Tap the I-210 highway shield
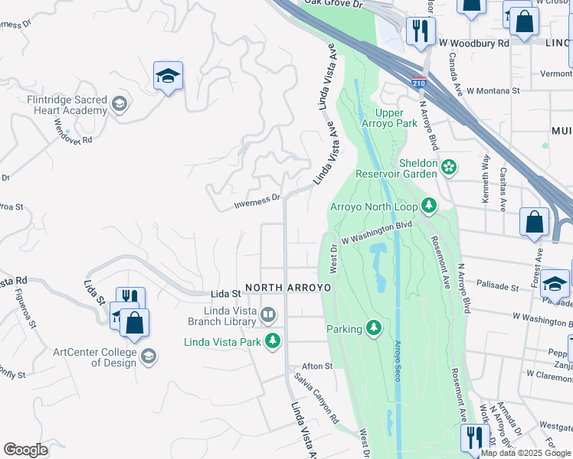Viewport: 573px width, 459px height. (x=418, y=83)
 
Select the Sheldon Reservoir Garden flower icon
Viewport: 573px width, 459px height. (x=449, y=165)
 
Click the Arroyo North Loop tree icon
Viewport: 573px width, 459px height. (x=429, y=206)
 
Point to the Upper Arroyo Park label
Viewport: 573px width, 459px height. (x=388, y=118)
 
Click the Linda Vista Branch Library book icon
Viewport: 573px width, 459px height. (x=268, y=314)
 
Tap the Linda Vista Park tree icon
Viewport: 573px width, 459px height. (x=272, y=340)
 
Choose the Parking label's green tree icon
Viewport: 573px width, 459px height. (x=373, y=328)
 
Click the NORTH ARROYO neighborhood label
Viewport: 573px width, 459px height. (x=288, y=288)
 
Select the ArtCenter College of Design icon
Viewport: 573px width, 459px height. (x=149, y=356)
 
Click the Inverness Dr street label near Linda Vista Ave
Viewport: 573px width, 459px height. (x=257, y=200)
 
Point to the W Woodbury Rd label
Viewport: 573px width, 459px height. (x=473, y=44)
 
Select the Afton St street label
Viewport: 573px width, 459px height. (x=317, y=366)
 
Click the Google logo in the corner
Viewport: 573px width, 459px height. (x=25, y=450)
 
